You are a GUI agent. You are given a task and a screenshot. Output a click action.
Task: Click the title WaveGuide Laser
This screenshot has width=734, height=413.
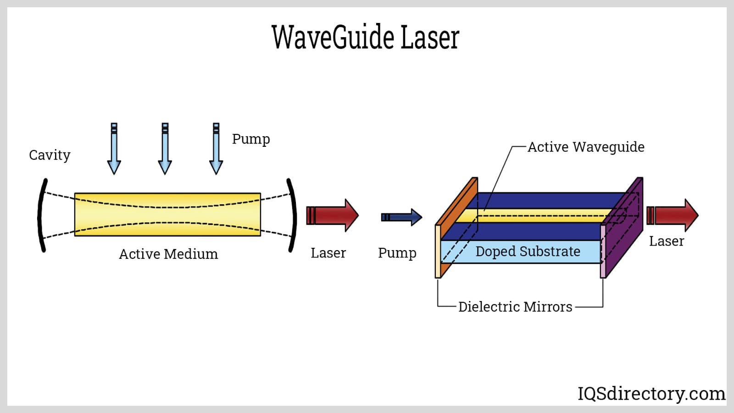365,37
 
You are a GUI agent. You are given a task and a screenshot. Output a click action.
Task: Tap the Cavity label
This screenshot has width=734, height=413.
50,155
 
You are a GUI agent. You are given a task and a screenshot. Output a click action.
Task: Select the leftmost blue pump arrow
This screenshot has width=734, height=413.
114,149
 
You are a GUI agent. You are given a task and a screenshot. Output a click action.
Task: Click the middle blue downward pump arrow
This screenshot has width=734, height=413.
165,149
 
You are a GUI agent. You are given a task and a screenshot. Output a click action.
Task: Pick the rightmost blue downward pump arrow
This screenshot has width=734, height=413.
216,149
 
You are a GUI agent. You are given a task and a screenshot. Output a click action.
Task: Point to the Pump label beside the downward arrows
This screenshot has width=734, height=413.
251,139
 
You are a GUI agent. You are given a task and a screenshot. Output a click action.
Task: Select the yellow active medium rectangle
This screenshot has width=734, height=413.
167,214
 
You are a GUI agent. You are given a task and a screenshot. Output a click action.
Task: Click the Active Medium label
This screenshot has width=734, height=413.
168,254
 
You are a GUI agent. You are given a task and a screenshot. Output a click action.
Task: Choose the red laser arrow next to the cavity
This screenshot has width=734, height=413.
332,215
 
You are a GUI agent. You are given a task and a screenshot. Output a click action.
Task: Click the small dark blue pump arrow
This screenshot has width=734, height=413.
401,217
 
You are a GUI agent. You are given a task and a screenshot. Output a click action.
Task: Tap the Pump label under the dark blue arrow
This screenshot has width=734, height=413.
397,253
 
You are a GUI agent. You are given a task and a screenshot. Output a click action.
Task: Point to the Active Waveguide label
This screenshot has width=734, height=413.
586,147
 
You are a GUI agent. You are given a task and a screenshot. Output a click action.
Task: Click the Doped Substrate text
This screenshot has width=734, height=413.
528,251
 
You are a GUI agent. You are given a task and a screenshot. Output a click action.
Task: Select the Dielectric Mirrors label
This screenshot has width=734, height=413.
515,307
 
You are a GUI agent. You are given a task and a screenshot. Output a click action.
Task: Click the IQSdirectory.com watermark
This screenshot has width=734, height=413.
651,394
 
